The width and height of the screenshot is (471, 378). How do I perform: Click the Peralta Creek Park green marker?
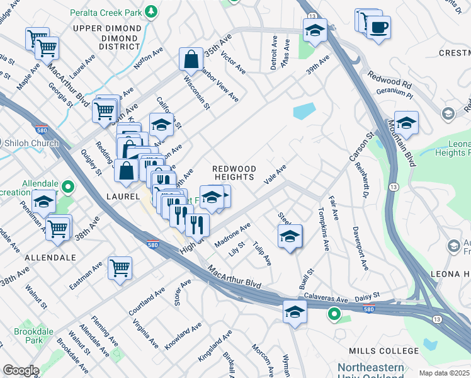click(151, 11)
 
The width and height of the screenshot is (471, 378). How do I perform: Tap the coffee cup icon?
click(378, 28)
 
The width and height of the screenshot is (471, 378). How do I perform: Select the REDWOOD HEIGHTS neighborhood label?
click(234, 173)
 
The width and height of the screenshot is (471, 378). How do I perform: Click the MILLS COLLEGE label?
click(384, 351)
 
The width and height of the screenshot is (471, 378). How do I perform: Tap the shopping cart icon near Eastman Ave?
click(119, 268)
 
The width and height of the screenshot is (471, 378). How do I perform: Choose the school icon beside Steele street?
click(290, 237)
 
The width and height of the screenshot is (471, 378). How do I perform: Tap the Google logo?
click(21, 370)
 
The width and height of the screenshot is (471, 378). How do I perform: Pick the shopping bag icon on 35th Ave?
click(190, 60)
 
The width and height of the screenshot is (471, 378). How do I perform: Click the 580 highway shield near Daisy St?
click(369, 309)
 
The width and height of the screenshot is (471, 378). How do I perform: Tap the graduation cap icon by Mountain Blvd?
click(406, 123)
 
